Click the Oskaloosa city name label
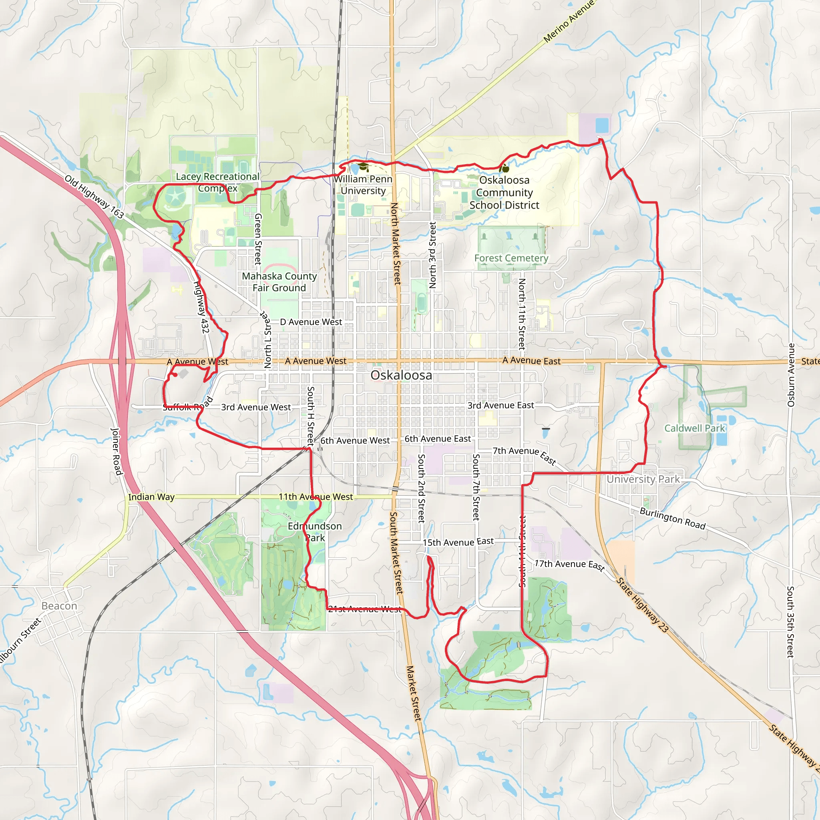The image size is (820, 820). tap(401, 375)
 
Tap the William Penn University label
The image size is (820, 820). tap(363, 185)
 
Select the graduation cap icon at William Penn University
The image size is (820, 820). tap(363, 167)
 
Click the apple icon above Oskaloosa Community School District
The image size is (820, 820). tap(504, 169)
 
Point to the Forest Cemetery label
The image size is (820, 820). tap(511, 258)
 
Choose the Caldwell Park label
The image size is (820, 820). tap(694, 428)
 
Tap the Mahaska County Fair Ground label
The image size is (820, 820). tap(279, 282)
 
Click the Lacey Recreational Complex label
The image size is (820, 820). tap(218, 182)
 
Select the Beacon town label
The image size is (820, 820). tap(59, 606)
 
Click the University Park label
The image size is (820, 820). tap(643, 479)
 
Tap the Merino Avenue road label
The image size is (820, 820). tap(569, 21)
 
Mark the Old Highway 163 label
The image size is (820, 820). tap(94, 197)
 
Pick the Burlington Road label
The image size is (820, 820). tap(672, 518)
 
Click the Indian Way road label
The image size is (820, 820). tap(151, 496)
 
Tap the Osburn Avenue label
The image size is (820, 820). tap(791, 375)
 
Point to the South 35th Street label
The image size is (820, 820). tap(790, 622)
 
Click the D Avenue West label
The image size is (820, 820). tap(311, 322)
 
